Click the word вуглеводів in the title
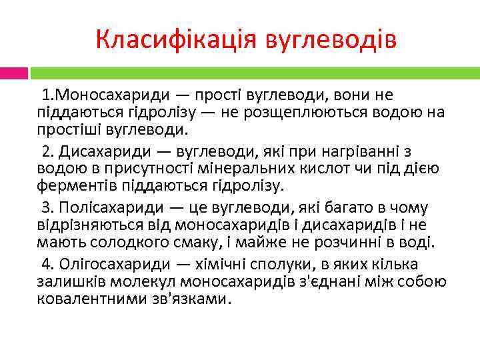(331, 40)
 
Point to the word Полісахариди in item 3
(105, 209)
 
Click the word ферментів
(72, 184)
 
